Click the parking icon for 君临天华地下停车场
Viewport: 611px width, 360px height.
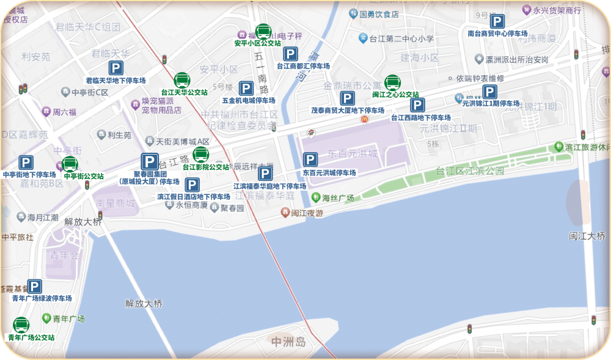point(115,68)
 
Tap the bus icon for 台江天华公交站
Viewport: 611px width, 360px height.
point(182,81)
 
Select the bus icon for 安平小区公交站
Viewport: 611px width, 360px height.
point(263,31)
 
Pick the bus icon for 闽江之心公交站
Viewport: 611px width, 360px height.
point(392,83)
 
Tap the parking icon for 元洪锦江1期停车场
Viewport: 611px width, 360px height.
point(489,92)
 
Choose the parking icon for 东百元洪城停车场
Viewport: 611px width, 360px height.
point(310,161)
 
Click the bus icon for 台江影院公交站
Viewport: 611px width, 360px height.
point(201,155)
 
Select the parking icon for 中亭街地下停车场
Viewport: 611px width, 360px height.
point(26,163)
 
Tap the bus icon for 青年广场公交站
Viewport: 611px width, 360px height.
point(21,325)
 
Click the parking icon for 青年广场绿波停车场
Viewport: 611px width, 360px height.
point(35,287)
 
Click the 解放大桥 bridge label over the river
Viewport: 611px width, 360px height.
point(144,303)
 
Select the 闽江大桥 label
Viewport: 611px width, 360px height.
point(587,235)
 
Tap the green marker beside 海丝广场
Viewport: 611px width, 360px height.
point(315,197)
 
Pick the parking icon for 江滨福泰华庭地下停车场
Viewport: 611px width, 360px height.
point(265,174)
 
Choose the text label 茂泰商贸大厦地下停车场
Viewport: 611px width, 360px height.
point(348,111)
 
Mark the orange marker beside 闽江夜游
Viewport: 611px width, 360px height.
point(285,212)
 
